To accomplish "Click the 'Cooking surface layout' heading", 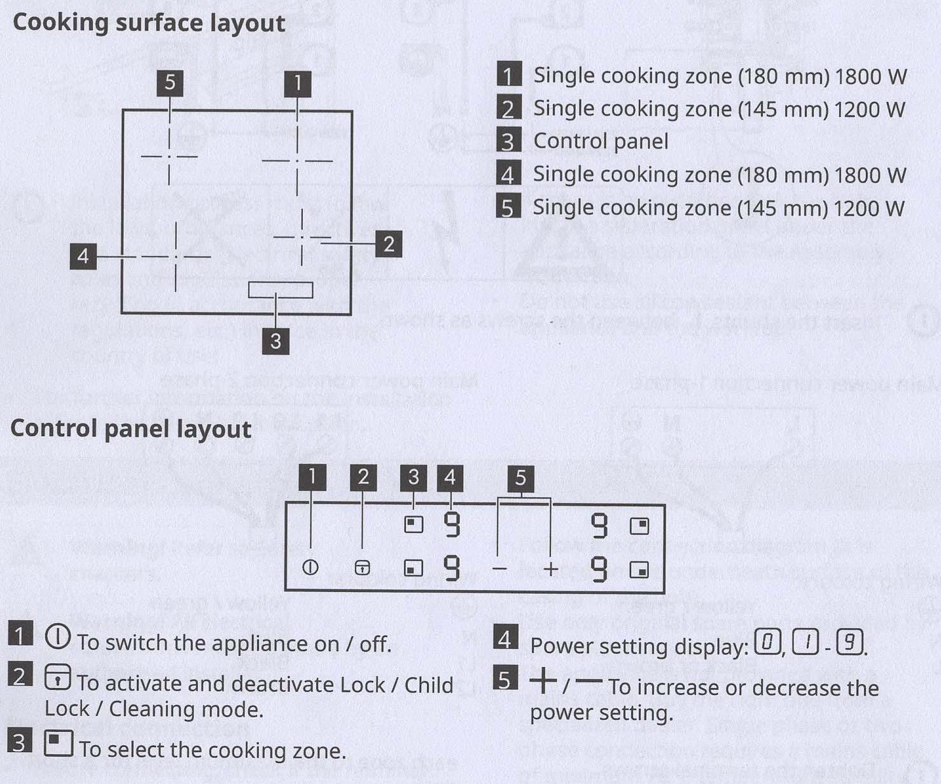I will [149, 23].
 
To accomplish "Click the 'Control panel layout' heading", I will [130, 429].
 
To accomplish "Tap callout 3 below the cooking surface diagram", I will [275, 341].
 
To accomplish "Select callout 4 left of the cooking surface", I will [83, 256].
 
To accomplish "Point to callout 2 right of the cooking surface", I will [389, 244].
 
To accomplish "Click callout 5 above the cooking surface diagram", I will [170, 83].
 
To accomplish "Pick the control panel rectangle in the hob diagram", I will [280, 290].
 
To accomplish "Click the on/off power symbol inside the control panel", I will [310, 567].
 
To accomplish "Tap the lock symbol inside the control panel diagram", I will [362, 567].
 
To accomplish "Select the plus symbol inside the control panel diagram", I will [550, 568].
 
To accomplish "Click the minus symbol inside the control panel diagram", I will [500, 568].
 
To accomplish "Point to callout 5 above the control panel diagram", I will [520, 478].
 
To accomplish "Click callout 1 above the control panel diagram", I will [312, 477].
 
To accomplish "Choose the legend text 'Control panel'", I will [601, 141].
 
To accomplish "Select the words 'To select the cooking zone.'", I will [213, 750].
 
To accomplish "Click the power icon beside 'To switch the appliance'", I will [58, 636].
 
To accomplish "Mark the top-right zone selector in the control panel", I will [639, 526].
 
